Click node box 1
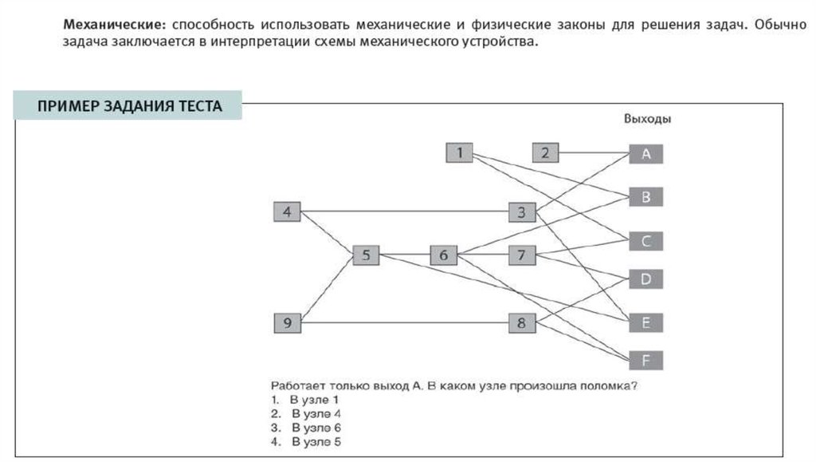click(x=461, y=153)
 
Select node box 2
click(x=545, y=153)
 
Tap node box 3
click(x=522, y=212)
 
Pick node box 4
click(x=287, y=212)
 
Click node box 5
click(x=366, y=256)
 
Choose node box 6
click(x=444, y=256)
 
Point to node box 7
click(x=522, y=256)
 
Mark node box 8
click(x=522, y=323)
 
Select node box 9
click(x=287, y=323)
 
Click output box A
click(x=646, y=155)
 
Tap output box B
click(x=646, y=196)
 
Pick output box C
click(x=646, y=240)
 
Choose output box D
click(x=646, y=279)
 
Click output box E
click(x=646, y=322)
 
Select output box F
click(x=646, y=360)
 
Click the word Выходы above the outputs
click(x=646, y=119)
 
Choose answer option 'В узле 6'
click(x=315, y=428)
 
